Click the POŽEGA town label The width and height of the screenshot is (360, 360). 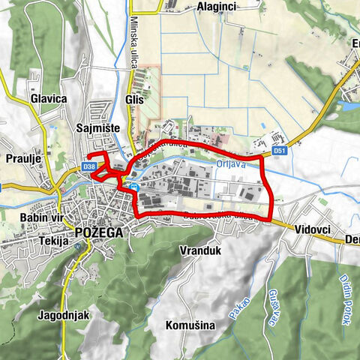[99, 232]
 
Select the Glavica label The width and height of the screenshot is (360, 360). [49, 98]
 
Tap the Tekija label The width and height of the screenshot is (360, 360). [53, 241]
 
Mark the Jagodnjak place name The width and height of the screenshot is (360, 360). [64, 316]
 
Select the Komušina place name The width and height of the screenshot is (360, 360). [190, 325]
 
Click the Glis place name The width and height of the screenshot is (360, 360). [135, 99]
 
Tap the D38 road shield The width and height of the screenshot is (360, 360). [89, 166]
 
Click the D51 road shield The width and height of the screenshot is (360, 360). [280, 151]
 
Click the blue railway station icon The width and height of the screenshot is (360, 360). [133, 187]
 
